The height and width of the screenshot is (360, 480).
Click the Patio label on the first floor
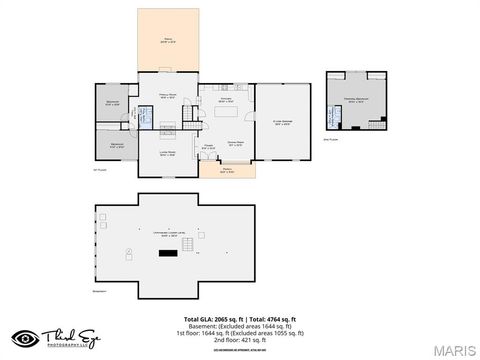coord(168,41)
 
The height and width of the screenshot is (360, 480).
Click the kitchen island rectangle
coord(230,112)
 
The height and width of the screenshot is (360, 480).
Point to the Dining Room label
coord(235,143)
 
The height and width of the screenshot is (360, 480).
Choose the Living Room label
coord(167,152)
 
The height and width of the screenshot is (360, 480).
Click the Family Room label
coord(168,96)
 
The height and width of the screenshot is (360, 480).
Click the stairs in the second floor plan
coord(375,124)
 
